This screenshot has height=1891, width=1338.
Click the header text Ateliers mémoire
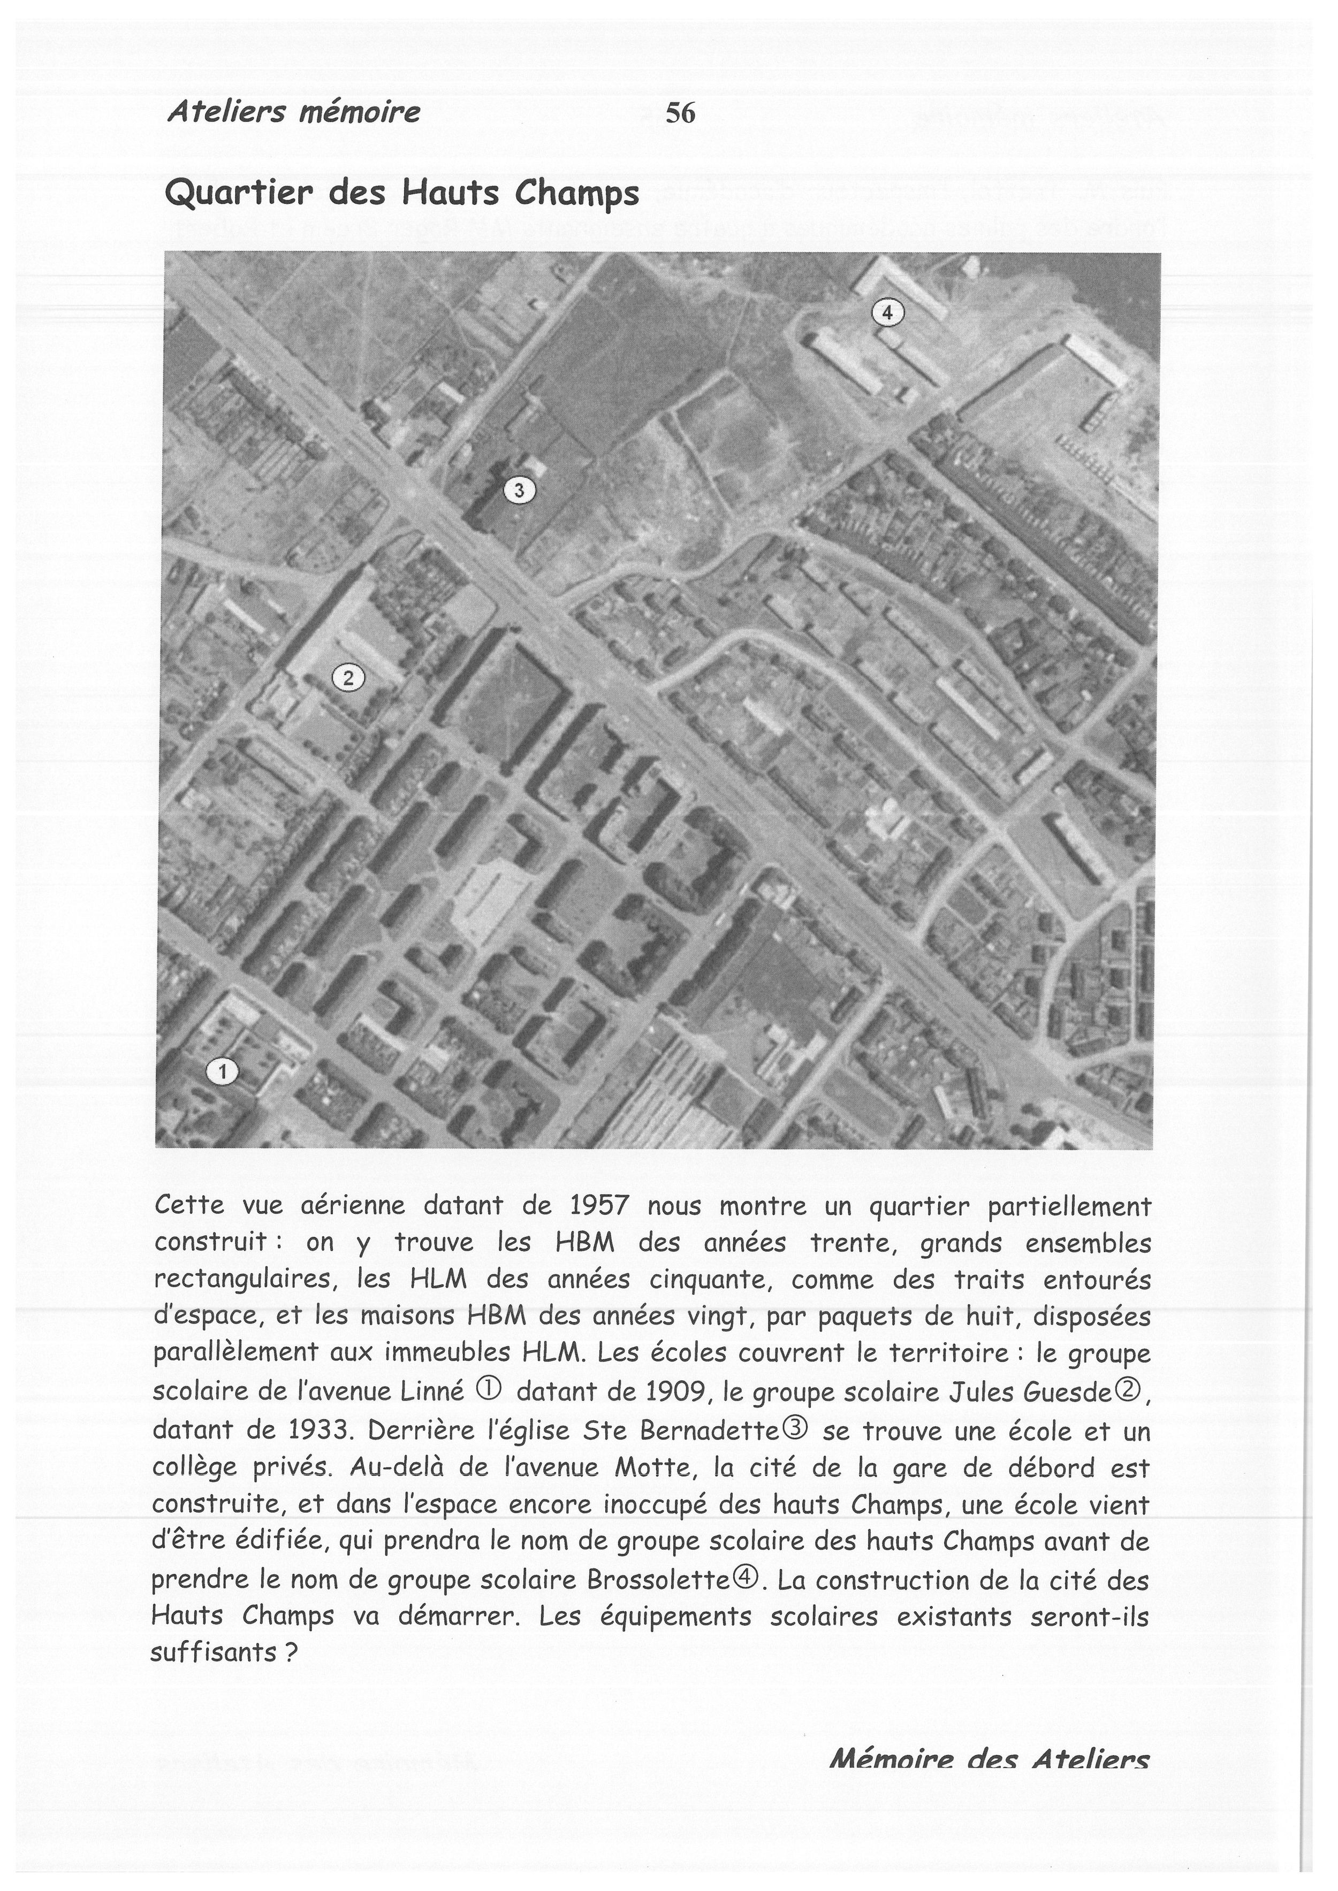point(293,111)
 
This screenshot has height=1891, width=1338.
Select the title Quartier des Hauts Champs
point(402,194)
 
